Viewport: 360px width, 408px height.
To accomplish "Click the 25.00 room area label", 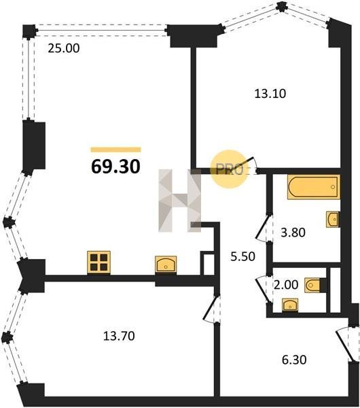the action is click(64, 48).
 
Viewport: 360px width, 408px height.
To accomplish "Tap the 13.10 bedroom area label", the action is click(270, 94).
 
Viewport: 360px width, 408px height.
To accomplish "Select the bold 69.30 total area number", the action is click(116, 167).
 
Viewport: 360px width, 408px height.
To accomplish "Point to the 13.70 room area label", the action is click(119, 336).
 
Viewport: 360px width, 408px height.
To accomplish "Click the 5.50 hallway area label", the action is click(243, 256).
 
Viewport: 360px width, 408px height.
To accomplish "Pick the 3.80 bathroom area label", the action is click(293, 233).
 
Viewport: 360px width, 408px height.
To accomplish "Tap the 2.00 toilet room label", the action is click(286, 285).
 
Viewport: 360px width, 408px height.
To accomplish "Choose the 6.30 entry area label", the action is click(294, 360).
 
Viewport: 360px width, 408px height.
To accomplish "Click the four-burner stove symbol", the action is click(98, 262).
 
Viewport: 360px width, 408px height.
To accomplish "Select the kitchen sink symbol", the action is click(166, 265).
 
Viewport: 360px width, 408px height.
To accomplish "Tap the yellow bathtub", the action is click(314, 187).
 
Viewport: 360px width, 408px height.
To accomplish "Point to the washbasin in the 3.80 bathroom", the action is click(333, 220).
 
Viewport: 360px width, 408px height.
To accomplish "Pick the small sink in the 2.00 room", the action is click(290, 305).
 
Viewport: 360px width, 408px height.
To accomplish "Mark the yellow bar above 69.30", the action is click(116, 150).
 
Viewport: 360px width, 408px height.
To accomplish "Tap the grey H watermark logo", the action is click(180, 201).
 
